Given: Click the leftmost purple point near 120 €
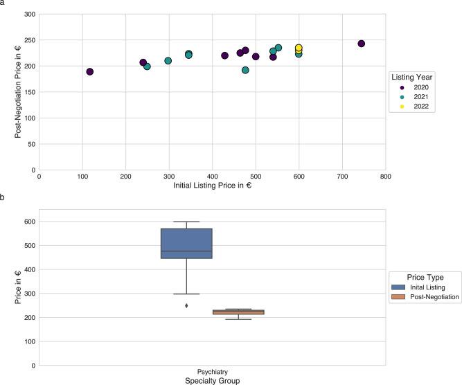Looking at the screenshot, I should [90, 72].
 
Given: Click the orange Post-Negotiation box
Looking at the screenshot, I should [238, 312].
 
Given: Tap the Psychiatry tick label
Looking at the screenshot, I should [213, 371].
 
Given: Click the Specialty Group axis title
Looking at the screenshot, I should [212, 380].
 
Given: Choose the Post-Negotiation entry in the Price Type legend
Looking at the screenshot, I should [428, 297].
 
